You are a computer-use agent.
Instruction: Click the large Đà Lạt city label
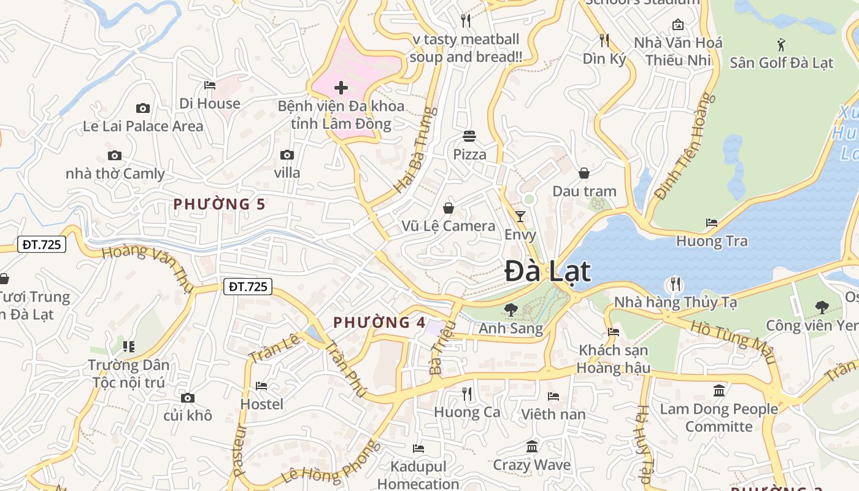click(548, 272)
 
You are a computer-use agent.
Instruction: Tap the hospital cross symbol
click(341, 87)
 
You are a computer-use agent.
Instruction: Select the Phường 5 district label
click(220, 204)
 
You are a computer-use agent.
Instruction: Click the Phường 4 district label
click(379, 322)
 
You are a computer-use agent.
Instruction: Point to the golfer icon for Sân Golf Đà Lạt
click(781, 44)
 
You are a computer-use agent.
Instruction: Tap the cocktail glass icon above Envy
click(520, 216)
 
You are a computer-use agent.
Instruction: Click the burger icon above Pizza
click(469, 136)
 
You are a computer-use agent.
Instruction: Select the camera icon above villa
click(287, 155)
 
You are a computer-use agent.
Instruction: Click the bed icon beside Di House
click(210, 85)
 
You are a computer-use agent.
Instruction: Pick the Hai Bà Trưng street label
click(416, 150)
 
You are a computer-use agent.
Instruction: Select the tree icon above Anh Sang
click(510, 310)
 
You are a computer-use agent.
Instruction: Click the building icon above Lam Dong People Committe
click(719, 390)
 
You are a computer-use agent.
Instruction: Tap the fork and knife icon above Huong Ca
click(468, 393)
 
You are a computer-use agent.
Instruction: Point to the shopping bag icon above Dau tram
click(584, 173)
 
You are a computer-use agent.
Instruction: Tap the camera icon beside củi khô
click(188, 398)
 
